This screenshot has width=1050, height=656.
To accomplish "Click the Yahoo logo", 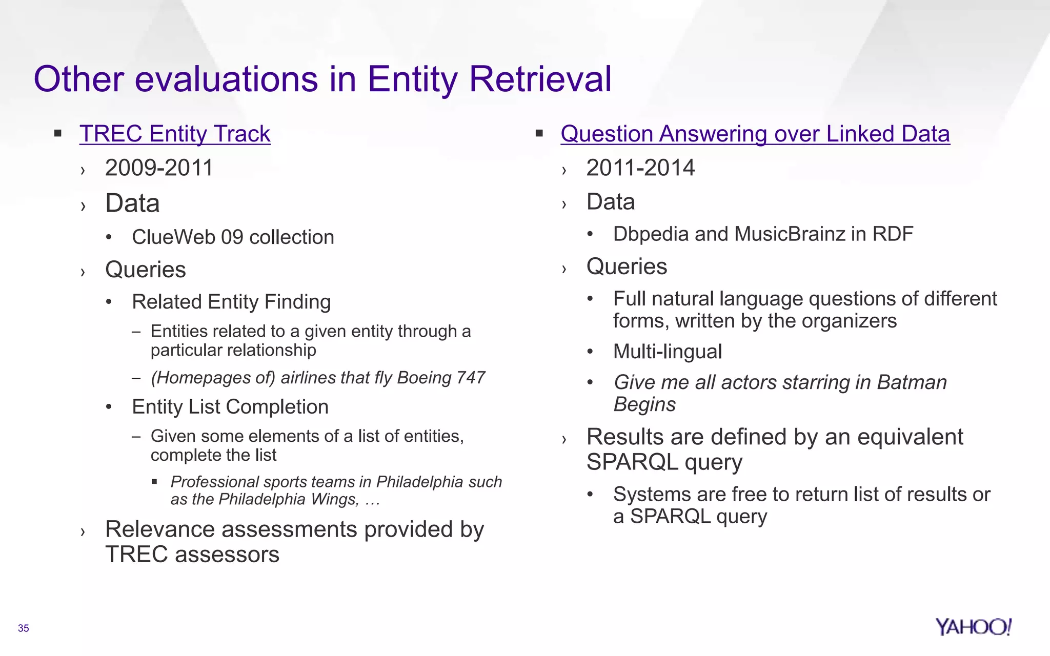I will tap(973, 627).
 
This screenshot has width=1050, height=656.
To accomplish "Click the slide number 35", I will tap(24, 628).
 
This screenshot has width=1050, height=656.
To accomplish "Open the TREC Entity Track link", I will tap(175, 134).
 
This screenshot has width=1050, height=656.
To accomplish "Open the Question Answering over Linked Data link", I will tap(755, 134).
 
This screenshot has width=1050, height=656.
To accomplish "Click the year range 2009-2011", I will tap(159, 168).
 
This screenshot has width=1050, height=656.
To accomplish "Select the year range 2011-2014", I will tap(640, 168).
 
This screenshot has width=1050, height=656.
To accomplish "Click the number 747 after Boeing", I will tap(470, 378).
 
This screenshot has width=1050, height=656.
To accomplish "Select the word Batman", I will tap(912, 383).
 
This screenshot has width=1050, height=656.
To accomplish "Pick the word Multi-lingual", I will tap(667, 352).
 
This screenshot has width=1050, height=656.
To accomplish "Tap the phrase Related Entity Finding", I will tap(231, 302).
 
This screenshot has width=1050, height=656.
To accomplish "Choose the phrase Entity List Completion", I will tap(230, 407).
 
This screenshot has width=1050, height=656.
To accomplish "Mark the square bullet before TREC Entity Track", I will tap(58, 134).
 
